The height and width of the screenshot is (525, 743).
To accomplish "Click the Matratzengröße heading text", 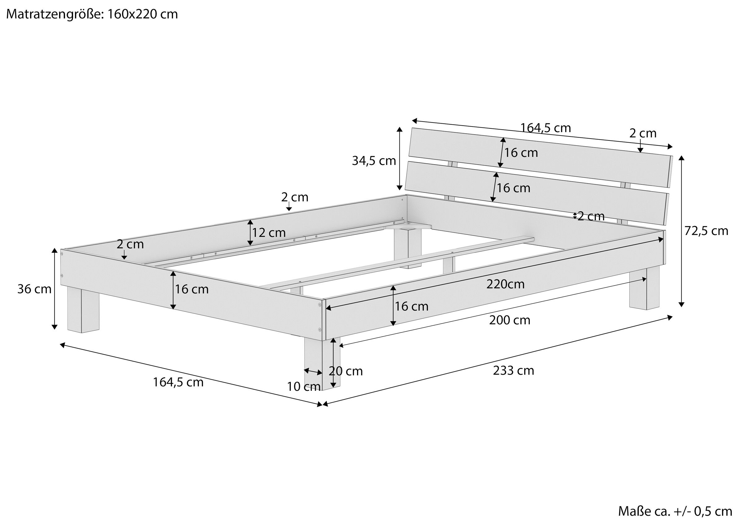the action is [x=92, y=14].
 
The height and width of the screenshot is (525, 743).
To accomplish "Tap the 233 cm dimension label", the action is [x=514, y=370].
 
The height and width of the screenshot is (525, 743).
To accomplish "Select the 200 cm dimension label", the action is [x=510, y=320].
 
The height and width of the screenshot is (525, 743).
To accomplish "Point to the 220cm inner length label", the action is [x=506, y=284].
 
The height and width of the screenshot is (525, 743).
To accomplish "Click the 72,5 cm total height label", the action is [x=706, y=231].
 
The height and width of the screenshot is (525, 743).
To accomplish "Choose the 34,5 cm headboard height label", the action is [x=374, y=161].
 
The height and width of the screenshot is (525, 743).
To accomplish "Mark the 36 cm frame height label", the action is [x=34, y=289].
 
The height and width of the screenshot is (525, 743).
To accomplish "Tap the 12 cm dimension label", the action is [x=269, y=233].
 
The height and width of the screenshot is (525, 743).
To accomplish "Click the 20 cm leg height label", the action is [x=346, y=371].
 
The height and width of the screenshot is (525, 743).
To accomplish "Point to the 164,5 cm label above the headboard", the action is [x=545, y=128].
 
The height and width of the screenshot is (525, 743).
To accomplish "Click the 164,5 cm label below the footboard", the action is [x=178, y=382].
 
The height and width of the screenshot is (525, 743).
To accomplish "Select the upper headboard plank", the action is [x=541, y=157].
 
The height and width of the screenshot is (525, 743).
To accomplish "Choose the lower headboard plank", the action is [x=537, y=193].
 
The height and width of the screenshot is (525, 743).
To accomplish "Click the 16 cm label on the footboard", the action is [x=192, y=289].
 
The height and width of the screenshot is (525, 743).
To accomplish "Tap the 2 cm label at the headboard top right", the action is [x=643, y=133].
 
